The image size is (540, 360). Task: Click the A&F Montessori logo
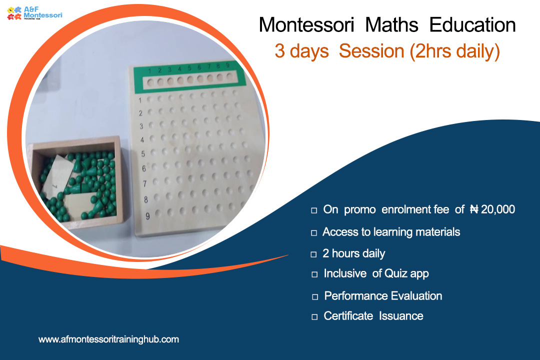point(35,13)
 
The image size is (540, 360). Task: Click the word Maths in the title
point(391,25)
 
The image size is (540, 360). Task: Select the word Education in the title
point(472,25)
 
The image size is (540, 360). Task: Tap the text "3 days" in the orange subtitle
point(301,51)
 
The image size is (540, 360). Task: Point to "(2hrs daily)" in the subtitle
point(454,51)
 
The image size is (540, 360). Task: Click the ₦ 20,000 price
point(492,209)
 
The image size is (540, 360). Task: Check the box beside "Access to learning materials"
point(313,233)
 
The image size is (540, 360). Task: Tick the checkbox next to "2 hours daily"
point(313,254)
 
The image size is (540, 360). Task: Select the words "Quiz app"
point(406,273)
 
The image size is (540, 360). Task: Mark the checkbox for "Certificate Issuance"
point(314,317)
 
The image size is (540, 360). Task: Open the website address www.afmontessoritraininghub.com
point(109,339)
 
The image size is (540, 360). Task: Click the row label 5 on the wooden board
point(143,154)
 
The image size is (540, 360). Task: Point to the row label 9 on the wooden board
point(147,216)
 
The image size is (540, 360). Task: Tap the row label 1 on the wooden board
point(140,100)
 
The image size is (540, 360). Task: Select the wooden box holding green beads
point(77,182)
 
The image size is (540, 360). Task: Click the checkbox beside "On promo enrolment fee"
point(314,210)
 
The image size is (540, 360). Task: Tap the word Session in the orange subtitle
point(371,51)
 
